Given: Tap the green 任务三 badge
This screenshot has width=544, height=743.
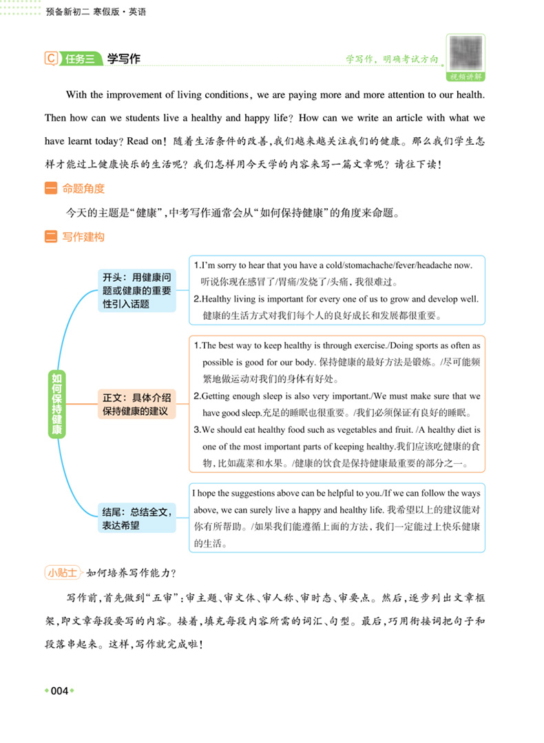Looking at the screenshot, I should pos(79,59).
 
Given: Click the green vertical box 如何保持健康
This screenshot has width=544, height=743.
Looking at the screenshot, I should pos(57,405).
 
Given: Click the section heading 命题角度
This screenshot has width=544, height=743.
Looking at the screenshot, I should pos(83,189).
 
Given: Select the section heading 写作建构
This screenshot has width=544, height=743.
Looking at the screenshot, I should pos(83,238).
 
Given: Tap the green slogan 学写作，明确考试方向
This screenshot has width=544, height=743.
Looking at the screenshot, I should pos(392,60).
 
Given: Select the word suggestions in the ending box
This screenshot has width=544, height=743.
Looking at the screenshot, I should pos(266,493).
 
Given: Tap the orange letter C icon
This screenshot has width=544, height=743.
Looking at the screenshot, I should pos(50,59).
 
